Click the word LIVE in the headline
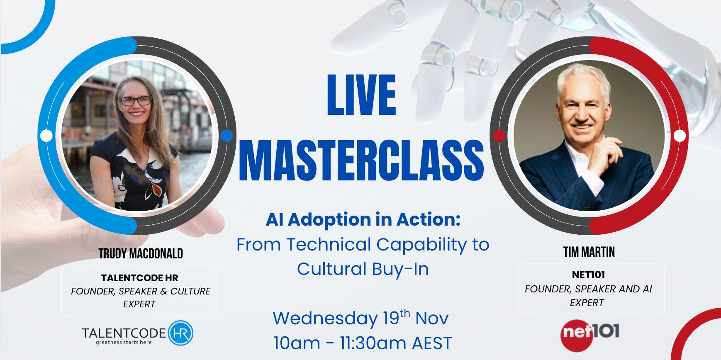point(361,95)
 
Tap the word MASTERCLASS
point(361,161)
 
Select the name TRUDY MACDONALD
point(141,253)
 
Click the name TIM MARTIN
point(589,252)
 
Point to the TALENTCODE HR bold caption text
point(140,278)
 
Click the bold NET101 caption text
point(588,275)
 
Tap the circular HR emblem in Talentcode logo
point(181,333)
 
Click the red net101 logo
point(590,335)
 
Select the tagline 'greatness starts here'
point(124,343)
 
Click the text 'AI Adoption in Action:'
point(363,220)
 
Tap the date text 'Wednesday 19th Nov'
point(360,318)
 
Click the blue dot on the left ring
point(227,136)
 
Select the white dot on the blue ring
point(46,136)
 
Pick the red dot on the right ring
point(499,136)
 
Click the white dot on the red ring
point(680,136)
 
